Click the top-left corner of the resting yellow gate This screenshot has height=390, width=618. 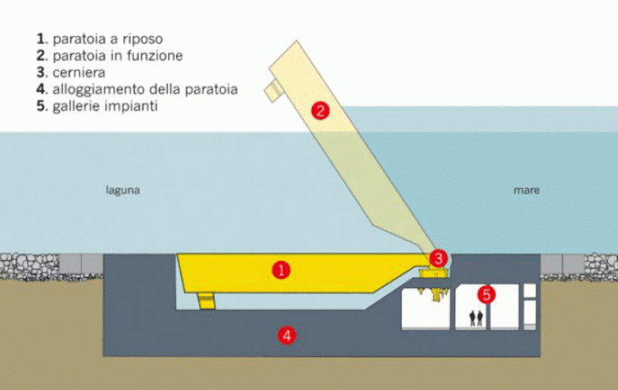pyautogui.click(x=177, y=254)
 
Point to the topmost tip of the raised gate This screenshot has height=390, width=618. pyautogui.click(x=297, y=40)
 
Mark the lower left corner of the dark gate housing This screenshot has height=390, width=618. pyautogui.click(x=104, y=357)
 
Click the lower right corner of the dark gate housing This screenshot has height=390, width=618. pyautogui.click(x=540, y=357)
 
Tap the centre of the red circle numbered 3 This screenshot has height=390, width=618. pyautogui.click(x=438, y=258)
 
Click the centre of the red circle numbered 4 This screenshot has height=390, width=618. pyautogui.click(x=287, y=336)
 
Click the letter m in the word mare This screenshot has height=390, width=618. pyautogui.click(x=517, y=190)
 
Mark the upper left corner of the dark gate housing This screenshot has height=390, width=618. pyautogui.click(x=104, y=254)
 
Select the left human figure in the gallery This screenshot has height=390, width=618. pyautogui.click(x=472, y=318)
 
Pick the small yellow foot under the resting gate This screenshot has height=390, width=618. pyautogui.click(x=207, y=301)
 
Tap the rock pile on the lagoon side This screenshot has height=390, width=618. pyautogui.click(x=30, y=266)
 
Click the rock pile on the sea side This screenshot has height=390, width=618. pyautogui.click(x=601, y=266)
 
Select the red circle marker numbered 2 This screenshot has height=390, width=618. pyautogui.click(x=320, y=110)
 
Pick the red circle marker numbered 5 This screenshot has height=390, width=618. pyautogui.click(x=486, y=294)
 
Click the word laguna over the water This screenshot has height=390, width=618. pyautogui.click(x=123, y=190)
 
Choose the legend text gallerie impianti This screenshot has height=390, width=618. pyautogui.click(x=97, y=107)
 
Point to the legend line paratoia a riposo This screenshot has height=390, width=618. pyautogui.click(x=99, y=39)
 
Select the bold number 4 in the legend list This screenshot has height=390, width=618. pyautogui.click(x=41, y=89)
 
